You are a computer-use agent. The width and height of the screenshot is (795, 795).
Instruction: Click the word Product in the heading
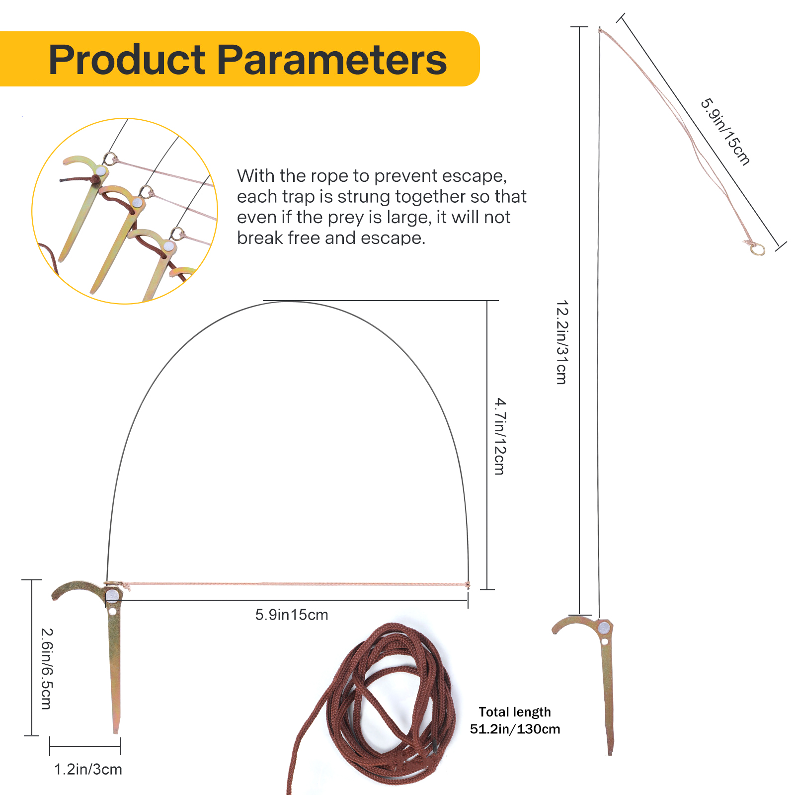[127, 60]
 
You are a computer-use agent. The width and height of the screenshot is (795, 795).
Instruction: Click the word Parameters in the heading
[332, 60]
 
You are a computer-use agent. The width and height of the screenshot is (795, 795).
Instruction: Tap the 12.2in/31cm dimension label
[562, 342]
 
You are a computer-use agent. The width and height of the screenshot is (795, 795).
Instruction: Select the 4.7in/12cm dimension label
[500, 436]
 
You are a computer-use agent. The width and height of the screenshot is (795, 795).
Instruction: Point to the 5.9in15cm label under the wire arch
[292, 615]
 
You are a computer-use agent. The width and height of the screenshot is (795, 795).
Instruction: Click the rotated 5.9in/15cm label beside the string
[725, 132]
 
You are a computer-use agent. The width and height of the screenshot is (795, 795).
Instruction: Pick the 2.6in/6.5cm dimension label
[47, 669]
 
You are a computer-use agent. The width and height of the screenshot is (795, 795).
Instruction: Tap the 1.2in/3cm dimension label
[88, 769]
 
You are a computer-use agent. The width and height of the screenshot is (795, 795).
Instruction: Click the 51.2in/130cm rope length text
[515, 729]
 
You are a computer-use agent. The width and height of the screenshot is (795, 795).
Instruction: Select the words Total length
[515, 712]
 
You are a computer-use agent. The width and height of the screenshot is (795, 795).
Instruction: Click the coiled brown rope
[378, 706]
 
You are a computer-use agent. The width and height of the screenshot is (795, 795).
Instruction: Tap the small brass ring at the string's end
[757, 248]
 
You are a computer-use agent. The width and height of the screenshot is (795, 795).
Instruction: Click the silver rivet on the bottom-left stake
[112, 595]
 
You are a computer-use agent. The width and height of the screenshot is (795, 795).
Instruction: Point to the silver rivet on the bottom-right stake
[604, 627]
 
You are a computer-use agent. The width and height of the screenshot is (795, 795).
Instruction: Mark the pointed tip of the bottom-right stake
[610, 754]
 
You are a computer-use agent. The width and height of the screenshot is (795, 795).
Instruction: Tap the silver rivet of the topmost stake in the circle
[101, 171]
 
